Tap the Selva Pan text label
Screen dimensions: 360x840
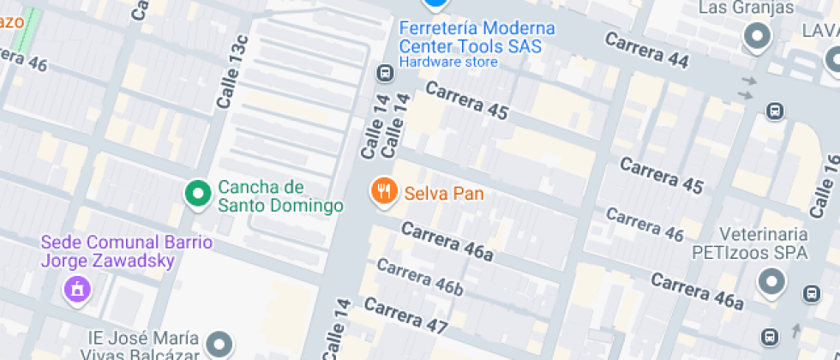click(444, 194)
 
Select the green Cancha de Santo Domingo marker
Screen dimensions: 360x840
click(199, 194)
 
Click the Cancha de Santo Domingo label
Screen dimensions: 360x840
click(280, 196)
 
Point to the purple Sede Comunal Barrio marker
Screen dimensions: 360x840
click(77, 288)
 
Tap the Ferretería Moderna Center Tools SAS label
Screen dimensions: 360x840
click(477, 38)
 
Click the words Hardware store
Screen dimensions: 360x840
click(447, 62)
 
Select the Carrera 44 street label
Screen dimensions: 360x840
click(646, 51)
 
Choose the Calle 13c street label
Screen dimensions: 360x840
click(232, 72)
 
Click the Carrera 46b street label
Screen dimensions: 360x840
click(419, 278)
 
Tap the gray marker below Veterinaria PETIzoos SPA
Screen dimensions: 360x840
click(772, 282)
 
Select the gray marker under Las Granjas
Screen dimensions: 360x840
click(758, 37)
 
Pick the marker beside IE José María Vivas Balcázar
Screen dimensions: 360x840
click(221, 345)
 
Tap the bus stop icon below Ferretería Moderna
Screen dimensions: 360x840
click(385, 74)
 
